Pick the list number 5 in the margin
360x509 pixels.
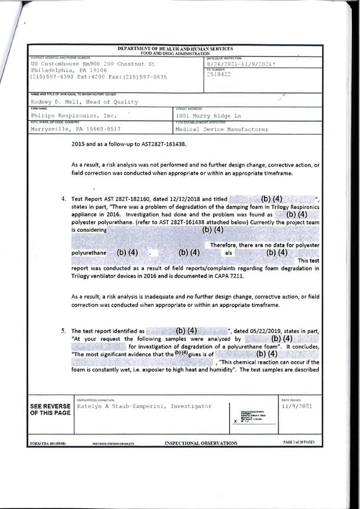tap(64, 331)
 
